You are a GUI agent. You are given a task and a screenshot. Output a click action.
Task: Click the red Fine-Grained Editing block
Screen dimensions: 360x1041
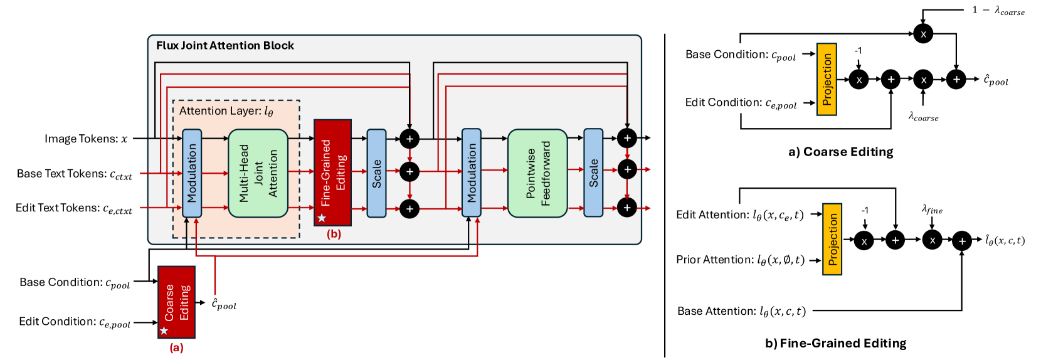tap(332, 172)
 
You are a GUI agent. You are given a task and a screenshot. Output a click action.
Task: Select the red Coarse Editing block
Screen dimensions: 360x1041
tap(176, 302)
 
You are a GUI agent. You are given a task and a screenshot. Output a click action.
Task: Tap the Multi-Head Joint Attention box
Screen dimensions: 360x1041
tap(258, 174)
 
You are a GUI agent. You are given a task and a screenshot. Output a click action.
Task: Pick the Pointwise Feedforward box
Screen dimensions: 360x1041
tap(537, 174)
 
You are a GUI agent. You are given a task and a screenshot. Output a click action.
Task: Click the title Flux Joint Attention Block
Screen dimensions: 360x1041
tap(225, 46)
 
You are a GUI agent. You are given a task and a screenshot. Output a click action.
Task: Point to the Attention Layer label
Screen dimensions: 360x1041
tap(226, 111)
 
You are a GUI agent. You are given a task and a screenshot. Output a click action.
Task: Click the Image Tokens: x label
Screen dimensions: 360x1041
tap(86, 139)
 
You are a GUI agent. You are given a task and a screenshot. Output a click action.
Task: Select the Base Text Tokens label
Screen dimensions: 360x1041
tap(75, 174)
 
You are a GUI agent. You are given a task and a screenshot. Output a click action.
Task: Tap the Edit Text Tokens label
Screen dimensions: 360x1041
tap(74, 208)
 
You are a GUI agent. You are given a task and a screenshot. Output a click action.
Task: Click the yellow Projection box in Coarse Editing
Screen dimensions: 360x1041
tap(827, 80)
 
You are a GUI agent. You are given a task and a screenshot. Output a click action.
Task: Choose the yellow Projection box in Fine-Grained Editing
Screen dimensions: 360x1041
tap(832, 239)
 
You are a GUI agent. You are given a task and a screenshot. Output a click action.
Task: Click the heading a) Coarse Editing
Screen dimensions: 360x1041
tap(840, 152)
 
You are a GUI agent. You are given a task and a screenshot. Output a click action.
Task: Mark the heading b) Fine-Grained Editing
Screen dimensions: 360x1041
tap(835, 343)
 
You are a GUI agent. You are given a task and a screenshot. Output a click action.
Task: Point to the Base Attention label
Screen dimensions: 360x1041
tap(741, 311)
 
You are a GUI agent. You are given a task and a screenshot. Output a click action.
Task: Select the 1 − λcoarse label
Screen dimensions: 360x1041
tap(998, 10)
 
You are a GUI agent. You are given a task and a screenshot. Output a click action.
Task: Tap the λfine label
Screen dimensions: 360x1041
tap(932, 209)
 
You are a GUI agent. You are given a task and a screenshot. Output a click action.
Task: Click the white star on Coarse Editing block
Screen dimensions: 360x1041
tap(164, 331)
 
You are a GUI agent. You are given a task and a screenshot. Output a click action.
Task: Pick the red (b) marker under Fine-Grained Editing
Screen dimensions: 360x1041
tap(334, 234)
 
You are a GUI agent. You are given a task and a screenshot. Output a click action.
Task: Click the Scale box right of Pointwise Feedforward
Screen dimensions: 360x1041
tap(593, 173)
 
